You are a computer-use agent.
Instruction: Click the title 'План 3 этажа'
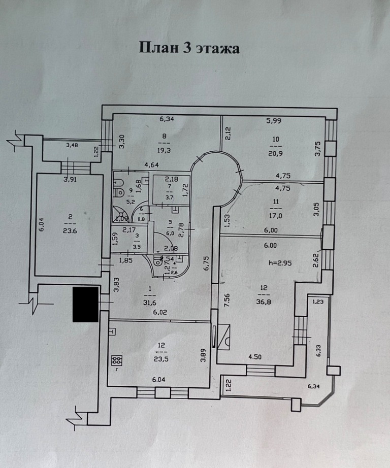coord(189,48)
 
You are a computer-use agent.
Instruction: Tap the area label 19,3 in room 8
coord(165,151)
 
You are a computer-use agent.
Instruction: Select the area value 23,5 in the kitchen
coord(161,356)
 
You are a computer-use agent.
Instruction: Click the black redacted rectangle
coord(85,304)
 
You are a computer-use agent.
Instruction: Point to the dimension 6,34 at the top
coord(167,120)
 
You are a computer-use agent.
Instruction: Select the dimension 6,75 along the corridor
coord(206,264)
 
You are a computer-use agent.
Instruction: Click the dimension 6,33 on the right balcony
coord(318,350)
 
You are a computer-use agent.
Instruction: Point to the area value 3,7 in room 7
coord(170,197)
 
